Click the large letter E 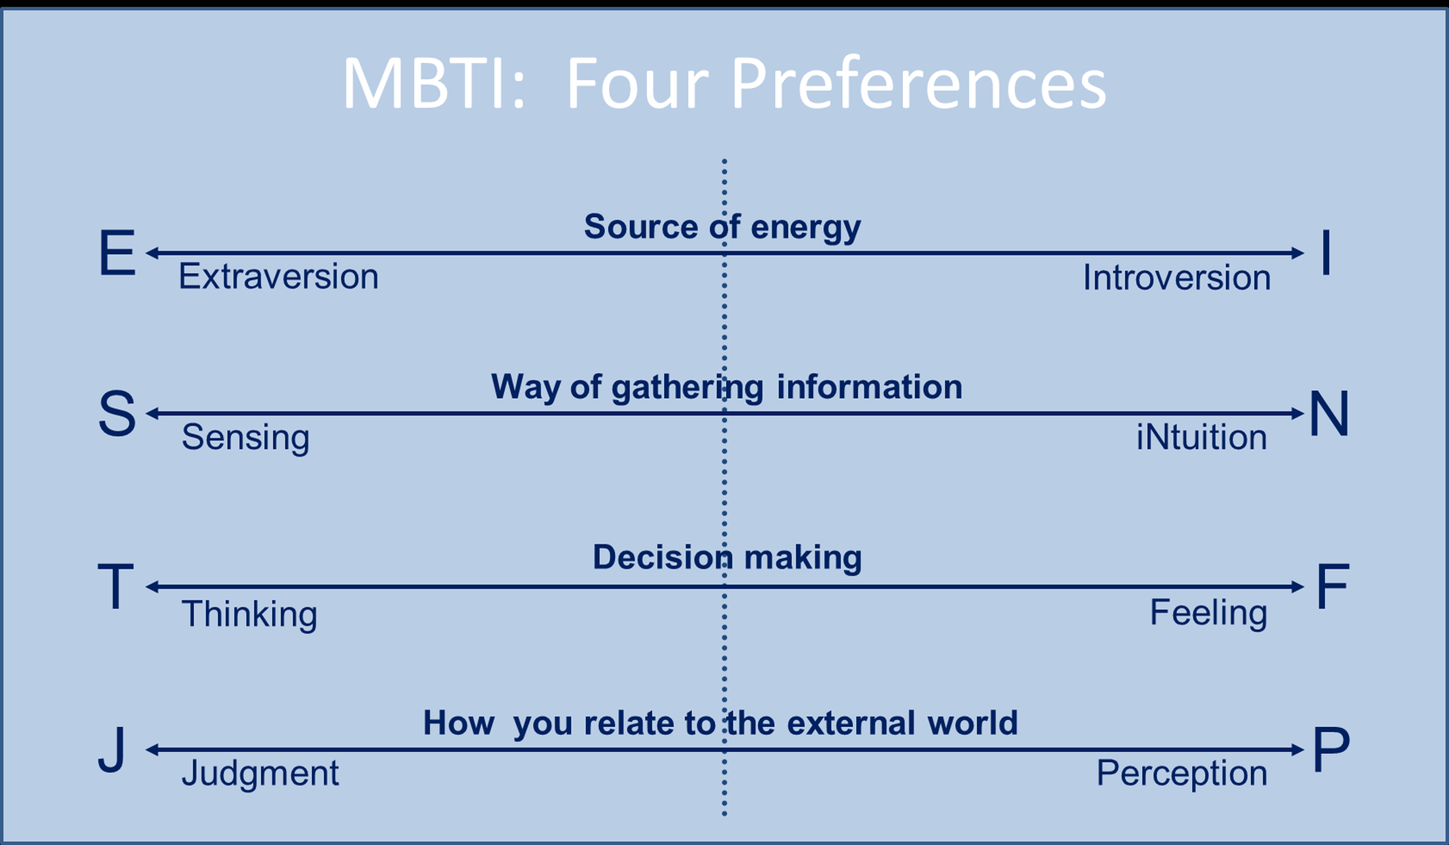(117, 253)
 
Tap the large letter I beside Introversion (1326, 253)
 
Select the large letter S (117, 413)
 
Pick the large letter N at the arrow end (1329, 413)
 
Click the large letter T (115, 587)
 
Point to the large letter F (1334, 587)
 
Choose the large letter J (112, 749)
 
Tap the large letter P (1331, 749)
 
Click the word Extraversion (278, 276)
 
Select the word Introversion (1177, 277)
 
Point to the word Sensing (246, 438)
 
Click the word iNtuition (1201, 438)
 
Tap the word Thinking (249, 615)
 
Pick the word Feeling (1209, 613)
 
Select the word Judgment (260, 774)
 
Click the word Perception (1182, 774)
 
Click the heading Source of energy (723, 227)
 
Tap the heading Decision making (727, 557)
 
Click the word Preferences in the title (918, 84)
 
